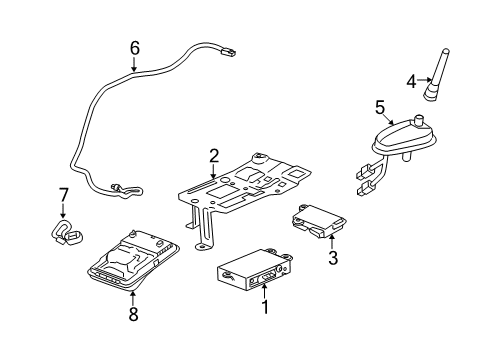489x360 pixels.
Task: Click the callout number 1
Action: coord(265,309)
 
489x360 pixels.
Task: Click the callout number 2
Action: coord(213,155)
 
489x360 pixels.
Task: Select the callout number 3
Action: coord(334,259)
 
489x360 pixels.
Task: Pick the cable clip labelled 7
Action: coord(67,234)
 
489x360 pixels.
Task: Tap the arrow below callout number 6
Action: coord(135,66)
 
